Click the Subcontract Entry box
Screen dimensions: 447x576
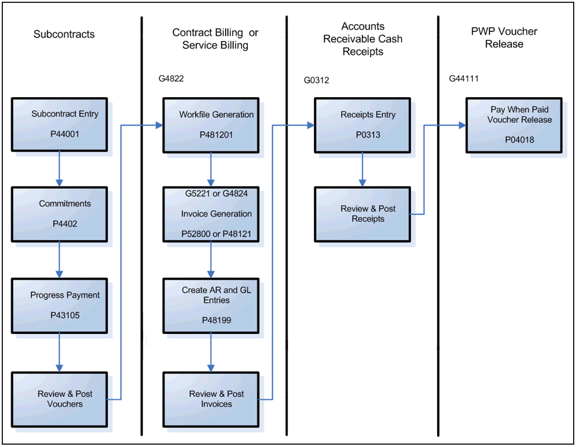[59, 125]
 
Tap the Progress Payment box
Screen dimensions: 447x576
[59, 306]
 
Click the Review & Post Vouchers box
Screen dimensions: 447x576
[59, 399]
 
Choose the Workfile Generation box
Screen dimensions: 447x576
[210, 125]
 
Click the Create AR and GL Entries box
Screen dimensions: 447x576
[210, 306]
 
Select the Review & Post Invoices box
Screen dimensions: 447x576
[210, 399]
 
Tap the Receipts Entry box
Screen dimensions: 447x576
[362, 125]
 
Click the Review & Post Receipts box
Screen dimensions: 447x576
[362, 214]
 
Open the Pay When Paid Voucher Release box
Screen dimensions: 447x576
[514, 125]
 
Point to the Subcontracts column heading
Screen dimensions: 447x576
[64, 35]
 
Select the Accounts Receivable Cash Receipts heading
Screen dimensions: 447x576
[362, 39]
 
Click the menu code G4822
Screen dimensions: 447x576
[171, 78]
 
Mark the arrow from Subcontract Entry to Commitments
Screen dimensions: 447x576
[59, 169]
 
